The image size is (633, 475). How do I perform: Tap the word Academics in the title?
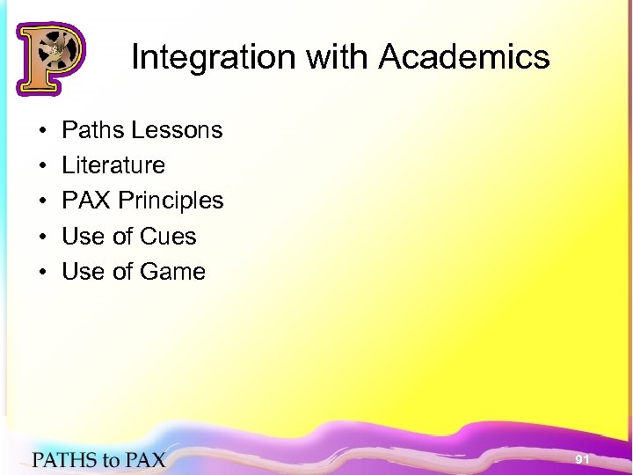464,58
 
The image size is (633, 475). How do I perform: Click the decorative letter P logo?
50,58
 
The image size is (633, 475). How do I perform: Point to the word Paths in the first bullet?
92,130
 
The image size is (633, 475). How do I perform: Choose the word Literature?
113,165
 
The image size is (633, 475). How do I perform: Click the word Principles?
171,201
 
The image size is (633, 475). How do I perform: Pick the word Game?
172,272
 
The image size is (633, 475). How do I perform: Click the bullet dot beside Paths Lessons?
42,131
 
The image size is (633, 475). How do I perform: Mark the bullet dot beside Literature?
42,166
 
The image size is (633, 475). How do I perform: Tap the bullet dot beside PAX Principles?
42,201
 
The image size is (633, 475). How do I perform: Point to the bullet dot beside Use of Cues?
42,237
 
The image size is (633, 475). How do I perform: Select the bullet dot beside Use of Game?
42,273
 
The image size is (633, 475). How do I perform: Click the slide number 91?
582,459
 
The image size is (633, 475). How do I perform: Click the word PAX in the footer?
143,458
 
